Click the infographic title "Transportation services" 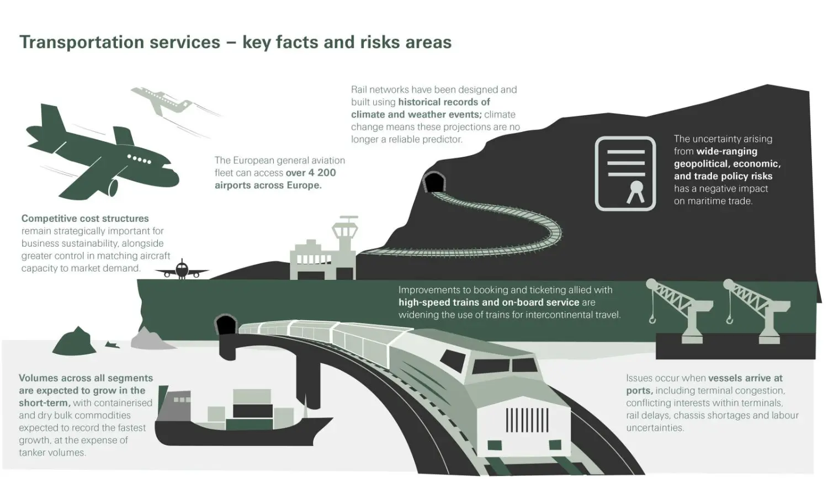120,43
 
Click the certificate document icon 625,173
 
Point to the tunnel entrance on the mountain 434,183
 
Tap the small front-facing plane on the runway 182,270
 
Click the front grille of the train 527,419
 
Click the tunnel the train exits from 225,326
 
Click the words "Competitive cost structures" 85,219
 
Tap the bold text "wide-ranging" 726,151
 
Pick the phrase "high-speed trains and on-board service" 489,302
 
